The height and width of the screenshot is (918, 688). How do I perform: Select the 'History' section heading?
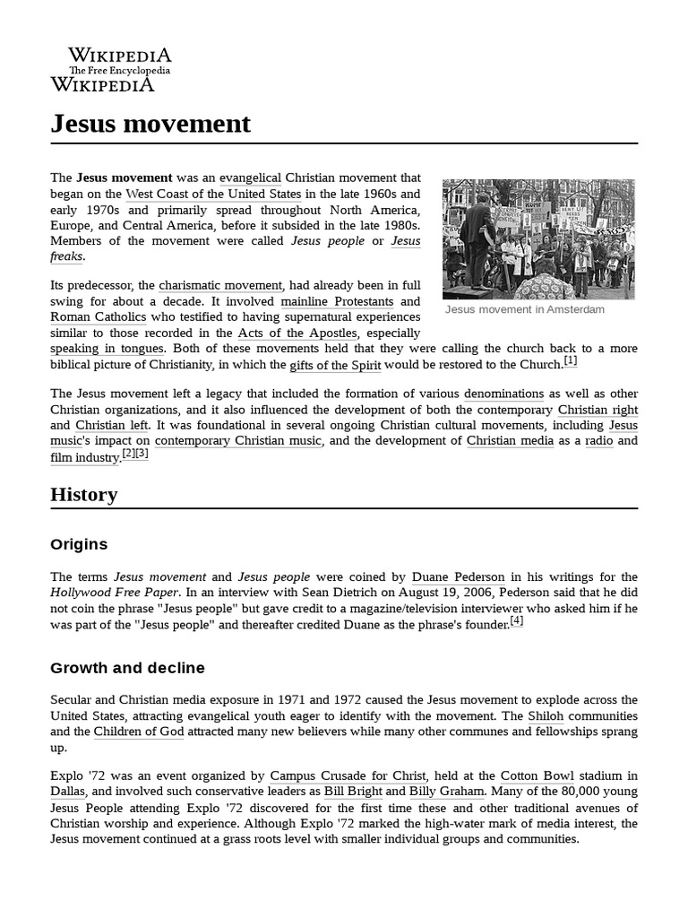point(84,494)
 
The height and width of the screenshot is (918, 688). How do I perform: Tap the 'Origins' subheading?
point(79,544)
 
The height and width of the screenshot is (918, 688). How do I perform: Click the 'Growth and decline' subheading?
point(127,668)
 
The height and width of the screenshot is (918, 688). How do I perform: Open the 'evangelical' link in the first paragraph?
point(250,178)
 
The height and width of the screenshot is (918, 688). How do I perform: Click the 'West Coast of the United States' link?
point(214,194)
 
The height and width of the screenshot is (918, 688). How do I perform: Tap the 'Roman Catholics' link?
point(99,317)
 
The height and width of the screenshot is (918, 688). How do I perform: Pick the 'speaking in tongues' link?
point(107,349)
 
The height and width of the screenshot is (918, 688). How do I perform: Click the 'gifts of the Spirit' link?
point(335,365)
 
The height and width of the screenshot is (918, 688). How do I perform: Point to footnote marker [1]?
point(571,360)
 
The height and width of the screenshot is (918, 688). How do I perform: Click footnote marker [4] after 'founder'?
point(517,620)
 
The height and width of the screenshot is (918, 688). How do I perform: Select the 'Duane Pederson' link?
point(458,576)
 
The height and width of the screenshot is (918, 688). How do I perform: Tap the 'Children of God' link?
point(139,732)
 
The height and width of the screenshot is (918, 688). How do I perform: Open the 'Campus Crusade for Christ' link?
point(348,775)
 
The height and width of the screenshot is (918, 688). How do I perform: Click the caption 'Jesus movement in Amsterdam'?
point(524,309)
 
